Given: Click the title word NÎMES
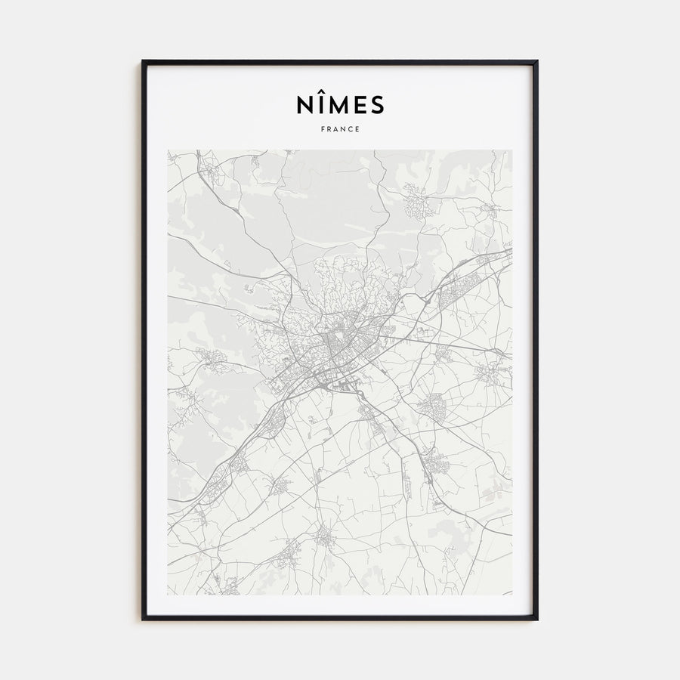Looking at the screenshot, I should pos(340,105).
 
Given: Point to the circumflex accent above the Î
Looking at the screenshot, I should pos(320,92).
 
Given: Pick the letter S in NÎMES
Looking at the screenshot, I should pos(377,105).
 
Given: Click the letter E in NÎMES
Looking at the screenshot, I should pos(359,105).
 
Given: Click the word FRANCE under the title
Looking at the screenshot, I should pos(340,129).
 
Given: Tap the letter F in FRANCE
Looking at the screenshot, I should pos(323,129).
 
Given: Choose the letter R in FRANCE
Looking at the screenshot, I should pos(329,129).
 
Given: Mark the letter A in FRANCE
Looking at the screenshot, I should pos(336,129).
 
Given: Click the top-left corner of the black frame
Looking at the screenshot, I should pos(143,61).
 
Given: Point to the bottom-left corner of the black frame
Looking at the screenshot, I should pos(143,619).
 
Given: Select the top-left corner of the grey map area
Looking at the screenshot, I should pos(168,150).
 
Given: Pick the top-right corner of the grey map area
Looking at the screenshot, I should pos(512,150).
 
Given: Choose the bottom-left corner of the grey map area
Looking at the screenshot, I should pos(168,594).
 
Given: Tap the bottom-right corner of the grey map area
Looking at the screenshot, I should pos(512,594).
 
